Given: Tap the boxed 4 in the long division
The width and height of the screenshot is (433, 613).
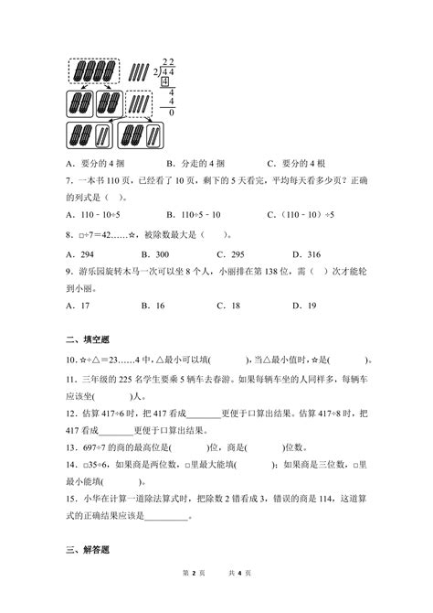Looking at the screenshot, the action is [164, 82].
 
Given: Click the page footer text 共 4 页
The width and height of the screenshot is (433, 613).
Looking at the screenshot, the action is [241, 599].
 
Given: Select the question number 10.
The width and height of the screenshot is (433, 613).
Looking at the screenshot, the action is [71, 359].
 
